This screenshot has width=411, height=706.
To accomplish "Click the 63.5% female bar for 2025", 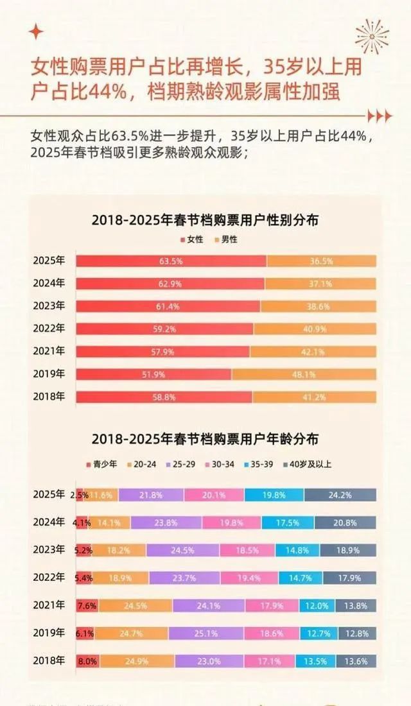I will pos(171,261).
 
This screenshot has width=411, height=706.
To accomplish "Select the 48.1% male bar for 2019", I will pos(304,374).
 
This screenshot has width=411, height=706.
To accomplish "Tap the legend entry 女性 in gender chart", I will pos(192,239).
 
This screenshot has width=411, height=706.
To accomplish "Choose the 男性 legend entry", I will pos(225,239).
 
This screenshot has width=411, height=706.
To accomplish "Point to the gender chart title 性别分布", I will pos(205,220).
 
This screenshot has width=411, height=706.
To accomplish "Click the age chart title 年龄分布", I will pos(205,440).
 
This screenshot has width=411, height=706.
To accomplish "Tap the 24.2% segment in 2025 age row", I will pos(340,495).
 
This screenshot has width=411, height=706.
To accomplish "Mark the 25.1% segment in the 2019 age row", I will pos(207,633).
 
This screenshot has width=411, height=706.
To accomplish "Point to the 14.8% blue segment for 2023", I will pos(297,550).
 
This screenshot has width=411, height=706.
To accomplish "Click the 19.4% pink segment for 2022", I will pos(248,578).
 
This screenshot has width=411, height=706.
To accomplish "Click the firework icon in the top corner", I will pos(373,35).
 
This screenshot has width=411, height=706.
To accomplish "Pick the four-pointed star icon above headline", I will pos(37,32).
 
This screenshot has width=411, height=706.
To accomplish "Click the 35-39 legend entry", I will pos(263,463).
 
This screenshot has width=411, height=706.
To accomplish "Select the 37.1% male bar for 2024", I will pos(320,283).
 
